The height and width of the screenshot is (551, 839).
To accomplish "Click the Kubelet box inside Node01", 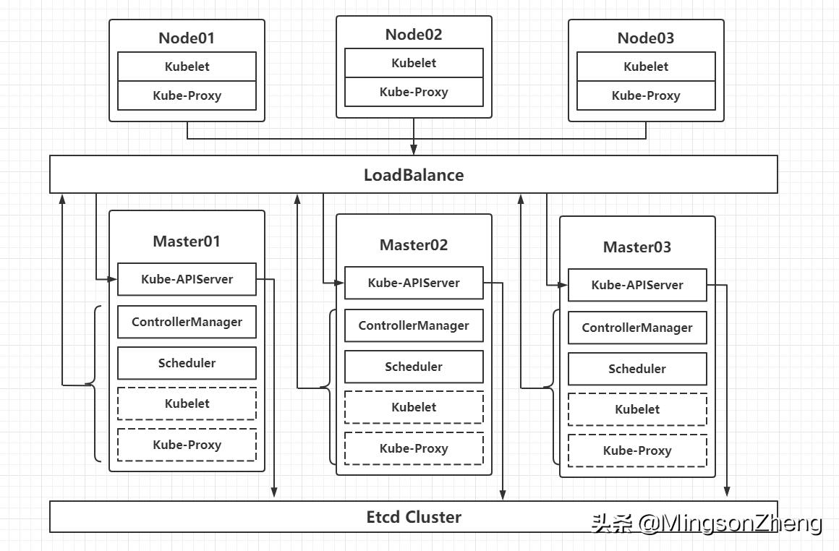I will pyautogui.click(x=187, y=67).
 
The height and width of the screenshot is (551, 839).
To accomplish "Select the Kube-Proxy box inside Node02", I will pyautogui.click(x=414, y=92).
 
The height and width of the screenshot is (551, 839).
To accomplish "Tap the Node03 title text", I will pyautogui.click(x=645, y=38).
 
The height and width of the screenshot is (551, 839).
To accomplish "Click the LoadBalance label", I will pyautogui.click(x=413, y=175).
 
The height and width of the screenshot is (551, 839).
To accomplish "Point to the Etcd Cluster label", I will pyautogui.click(x=413, y=517).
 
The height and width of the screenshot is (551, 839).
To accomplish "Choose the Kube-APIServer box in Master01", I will pyautogui.click(x=187, y=279).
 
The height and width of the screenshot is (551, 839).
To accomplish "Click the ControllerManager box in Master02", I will pyautogui.click(x=414, y=325).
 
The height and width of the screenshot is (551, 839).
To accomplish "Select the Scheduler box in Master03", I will pyautogui.click(x=636, y=369).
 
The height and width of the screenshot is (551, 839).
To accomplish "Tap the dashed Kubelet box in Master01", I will pyautogui.click(x=187, y=403).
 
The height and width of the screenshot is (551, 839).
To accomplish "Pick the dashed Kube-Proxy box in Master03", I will pyautogui.click(x=636, y=450).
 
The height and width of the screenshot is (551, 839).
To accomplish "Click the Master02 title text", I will pyautogui.click(x=414, y=244).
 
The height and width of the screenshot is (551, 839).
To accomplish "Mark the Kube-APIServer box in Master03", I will pyautogui.click(x=636, y=285).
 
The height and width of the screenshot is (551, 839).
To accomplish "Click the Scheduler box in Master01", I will pyautogui.click(x=187, y=363).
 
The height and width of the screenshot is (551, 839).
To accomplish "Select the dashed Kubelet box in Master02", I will pyautogui.click(x=414, y=407).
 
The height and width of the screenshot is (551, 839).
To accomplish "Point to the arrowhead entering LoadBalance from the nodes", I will pyautogui.click(x=414, y=150).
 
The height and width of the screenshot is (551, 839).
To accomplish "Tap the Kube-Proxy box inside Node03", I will pyautogui.click(x=645, y=95).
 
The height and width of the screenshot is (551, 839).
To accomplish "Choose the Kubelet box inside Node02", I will pyautogui.click(x=414, y=63).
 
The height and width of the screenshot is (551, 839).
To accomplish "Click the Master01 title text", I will pyautogui.click(x=187, y=241).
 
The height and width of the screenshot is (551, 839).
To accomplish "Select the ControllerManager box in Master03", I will pyautogui.click(x=636, y=328).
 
